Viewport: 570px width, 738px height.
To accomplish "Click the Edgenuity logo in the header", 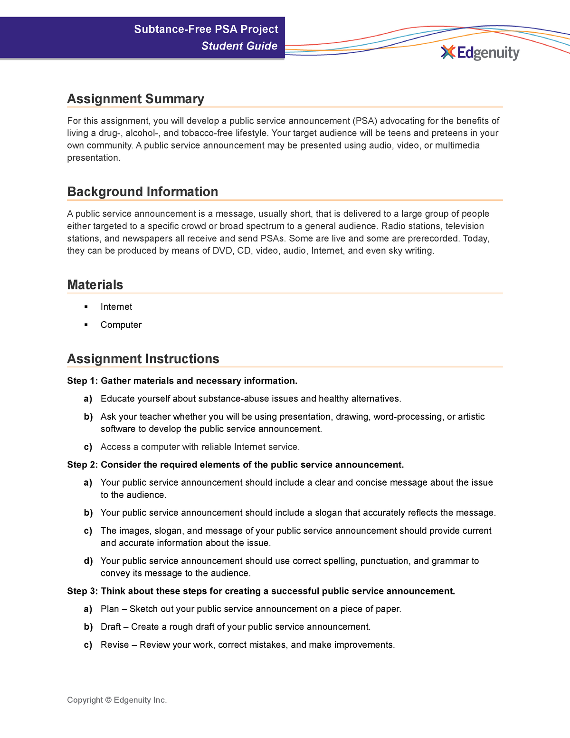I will [x=480, y=52].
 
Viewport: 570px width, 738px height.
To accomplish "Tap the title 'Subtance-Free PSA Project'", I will [x=206, y=29].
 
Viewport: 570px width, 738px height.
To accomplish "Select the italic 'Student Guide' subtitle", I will [x=239, y=46].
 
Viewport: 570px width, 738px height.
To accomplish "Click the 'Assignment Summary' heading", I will [x=135, y=99].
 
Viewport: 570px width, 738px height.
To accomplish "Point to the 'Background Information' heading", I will [x=142, y=192].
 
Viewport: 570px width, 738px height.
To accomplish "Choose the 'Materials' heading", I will [x=95, y=285].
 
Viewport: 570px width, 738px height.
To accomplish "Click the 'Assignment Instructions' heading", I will [x=143, y=359].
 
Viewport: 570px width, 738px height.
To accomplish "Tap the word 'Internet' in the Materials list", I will [x=116, y=307].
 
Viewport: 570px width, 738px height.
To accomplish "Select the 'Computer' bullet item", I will [x=121, y=325].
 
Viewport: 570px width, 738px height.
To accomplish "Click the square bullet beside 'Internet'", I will [x=86, y=307].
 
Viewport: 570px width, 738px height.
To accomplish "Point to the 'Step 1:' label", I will [x=82, y=381].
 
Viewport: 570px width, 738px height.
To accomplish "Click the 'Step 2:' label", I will [x=82, y=465].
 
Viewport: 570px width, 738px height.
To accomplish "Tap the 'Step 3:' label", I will [x=82, y=591].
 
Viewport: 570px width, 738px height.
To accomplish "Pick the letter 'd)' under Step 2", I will [x=88, y=561].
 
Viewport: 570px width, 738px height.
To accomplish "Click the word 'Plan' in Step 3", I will [x=110, y=609].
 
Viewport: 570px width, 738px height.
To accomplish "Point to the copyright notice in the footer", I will [x=117, y=700].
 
